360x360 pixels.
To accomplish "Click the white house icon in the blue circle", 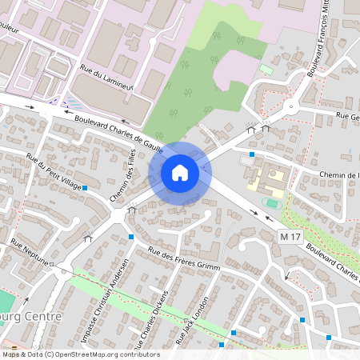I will click(x=180, y=172).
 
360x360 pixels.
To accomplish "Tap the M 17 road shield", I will click(x=291, y=237).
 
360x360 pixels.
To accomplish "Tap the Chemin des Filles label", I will click(x=123, y=179).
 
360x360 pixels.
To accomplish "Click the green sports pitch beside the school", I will click(x=273, y=203).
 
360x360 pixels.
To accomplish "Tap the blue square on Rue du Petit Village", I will click(x=85, y=187).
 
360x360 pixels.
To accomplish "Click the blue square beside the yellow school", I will click(x=252, y=154).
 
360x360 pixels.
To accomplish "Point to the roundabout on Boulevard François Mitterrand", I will click(x=290, y=105).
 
